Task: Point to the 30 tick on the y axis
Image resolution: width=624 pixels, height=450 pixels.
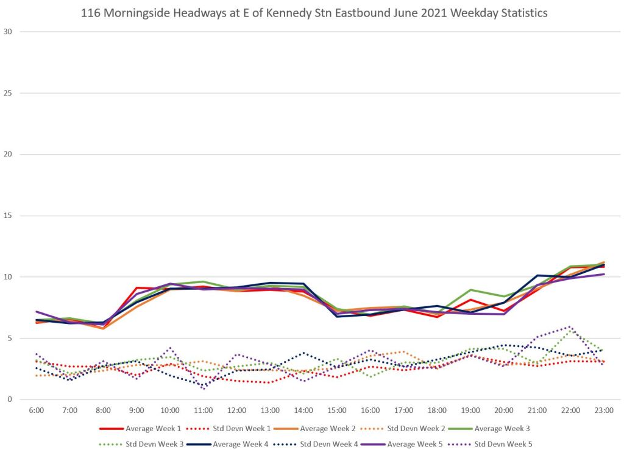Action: click(9, 32)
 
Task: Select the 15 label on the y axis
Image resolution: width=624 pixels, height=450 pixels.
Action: click(9, 216)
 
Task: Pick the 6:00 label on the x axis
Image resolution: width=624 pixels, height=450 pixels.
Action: click(37, 410)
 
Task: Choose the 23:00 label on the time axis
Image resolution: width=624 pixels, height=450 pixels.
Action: click(604, 410)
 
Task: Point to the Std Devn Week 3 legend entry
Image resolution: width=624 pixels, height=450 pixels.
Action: click(154, 443)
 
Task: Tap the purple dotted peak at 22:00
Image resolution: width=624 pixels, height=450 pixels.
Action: click(570, 326)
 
